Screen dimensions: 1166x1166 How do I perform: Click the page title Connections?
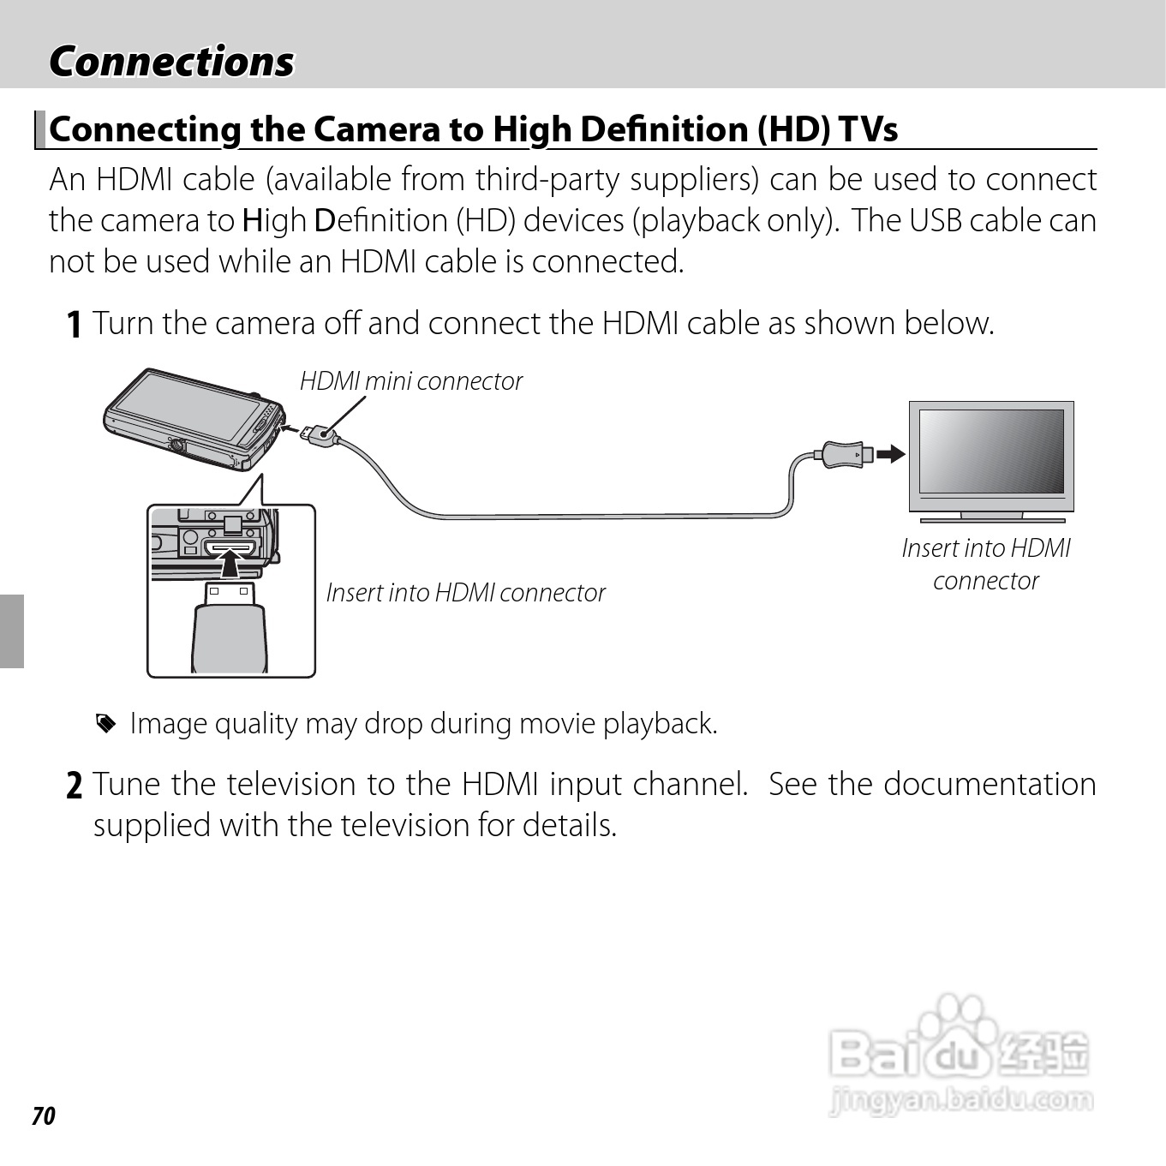coord(171,62)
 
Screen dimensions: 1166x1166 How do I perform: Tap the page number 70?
coord(44,1115)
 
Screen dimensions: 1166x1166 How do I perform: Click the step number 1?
coord(75,325)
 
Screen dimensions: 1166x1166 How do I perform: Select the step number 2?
coord(75,786)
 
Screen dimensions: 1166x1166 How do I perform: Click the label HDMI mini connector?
coord(410,381)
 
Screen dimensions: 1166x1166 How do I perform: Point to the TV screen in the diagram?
coord(991,450)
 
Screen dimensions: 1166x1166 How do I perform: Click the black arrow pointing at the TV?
coord(891,452)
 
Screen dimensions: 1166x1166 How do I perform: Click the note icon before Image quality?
coord(105,725)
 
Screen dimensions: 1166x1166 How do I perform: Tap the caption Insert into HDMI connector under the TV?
coord(986,564)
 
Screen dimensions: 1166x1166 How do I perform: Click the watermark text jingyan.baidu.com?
coord(961,1099)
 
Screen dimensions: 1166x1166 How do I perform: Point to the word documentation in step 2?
coord(990,784)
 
